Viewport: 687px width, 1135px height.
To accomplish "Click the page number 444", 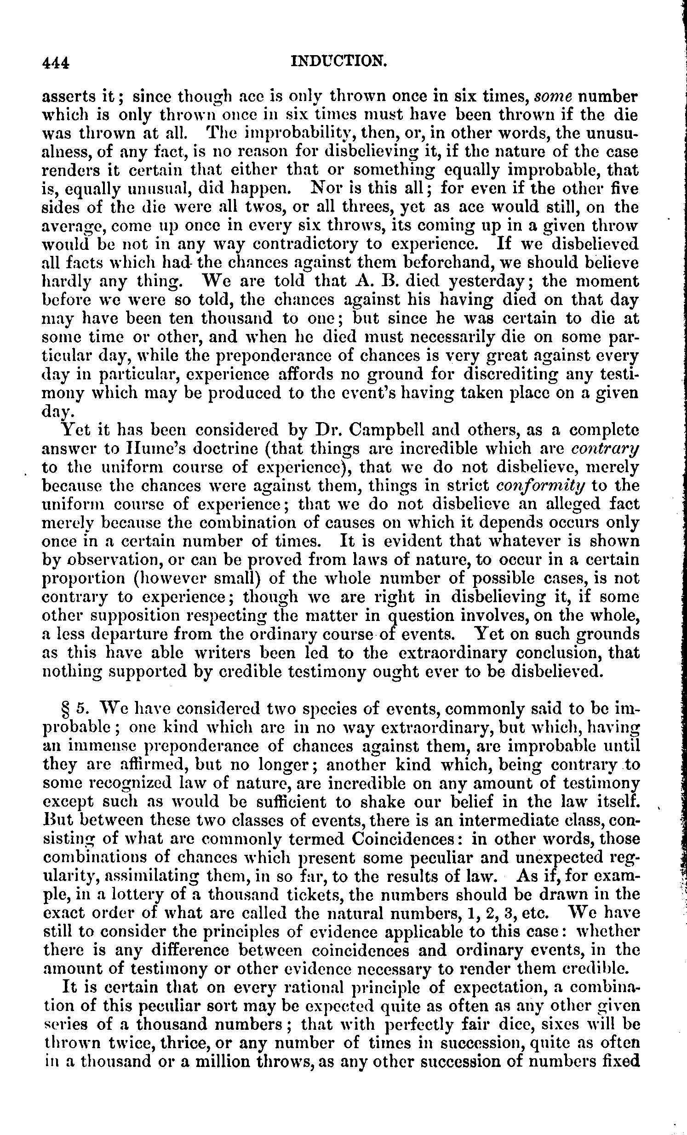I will tap(55, 62).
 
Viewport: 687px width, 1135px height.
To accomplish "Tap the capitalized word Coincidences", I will tap(403, 838).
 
